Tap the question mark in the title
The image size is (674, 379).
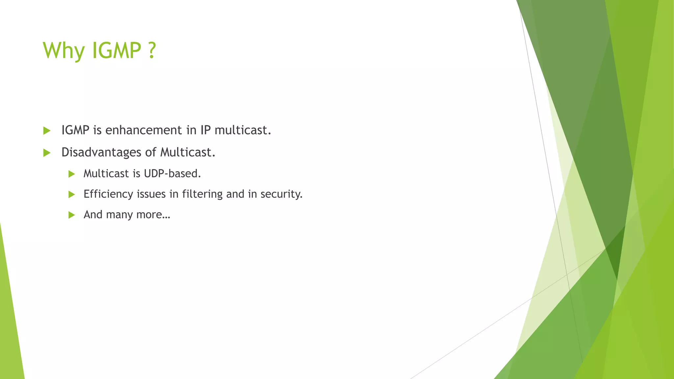151,51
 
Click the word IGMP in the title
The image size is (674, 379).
117,51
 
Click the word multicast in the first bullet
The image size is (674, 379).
243,130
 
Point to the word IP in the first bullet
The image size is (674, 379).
205,130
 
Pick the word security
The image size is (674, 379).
281,194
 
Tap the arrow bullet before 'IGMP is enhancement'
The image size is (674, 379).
47,131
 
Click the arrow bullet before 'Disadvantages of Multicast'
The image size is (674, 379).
47,153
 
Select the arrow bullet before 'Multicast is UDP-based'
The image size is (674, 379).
72,174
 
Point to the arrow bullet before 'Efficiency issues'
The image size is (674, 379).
72,194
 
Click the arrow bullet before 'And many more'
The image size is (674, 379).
72,215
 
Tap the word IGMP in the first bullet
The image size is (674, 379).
75,130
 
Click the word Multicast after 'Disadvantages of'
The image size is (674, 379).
187,152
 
